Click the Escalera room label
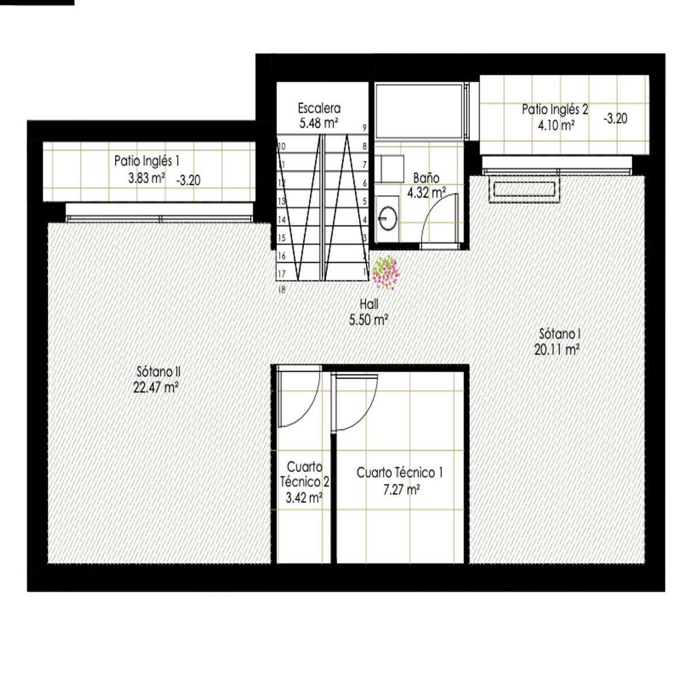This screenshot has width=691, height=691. click(319, 108)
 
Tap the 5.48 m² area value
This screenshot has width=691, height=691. click(318, 123)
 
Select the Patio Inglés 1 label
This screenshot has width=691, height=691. click(146, 161)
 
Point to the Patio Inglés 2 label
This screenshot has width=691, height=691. click(555, 109)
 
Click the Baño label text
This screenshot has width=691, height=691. click(426, 178)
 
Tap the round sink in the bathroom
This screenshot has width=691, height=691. click(386, 219)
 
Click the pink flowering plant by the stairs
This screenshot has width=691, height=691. click(385, 272)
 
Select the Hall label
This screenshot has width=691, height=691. click(369, 304)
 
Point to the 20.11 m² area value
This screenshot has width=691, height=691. click(556, 349)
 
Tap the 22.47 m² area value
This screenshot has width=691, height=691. click(155, 388)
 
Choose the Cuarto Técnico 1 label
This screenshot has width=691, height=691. click(400, 473)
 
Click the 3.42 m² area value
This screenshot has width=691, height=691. click(303, 498)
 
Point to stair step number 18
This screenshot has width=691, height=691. click(282, 291)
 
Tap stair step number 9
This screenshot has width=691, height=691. click(365, 128)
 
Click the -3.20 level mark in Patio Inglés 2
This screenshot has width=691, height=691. click(615, 119)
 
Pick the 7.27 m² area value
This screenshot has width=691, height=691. click(401, 490)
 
